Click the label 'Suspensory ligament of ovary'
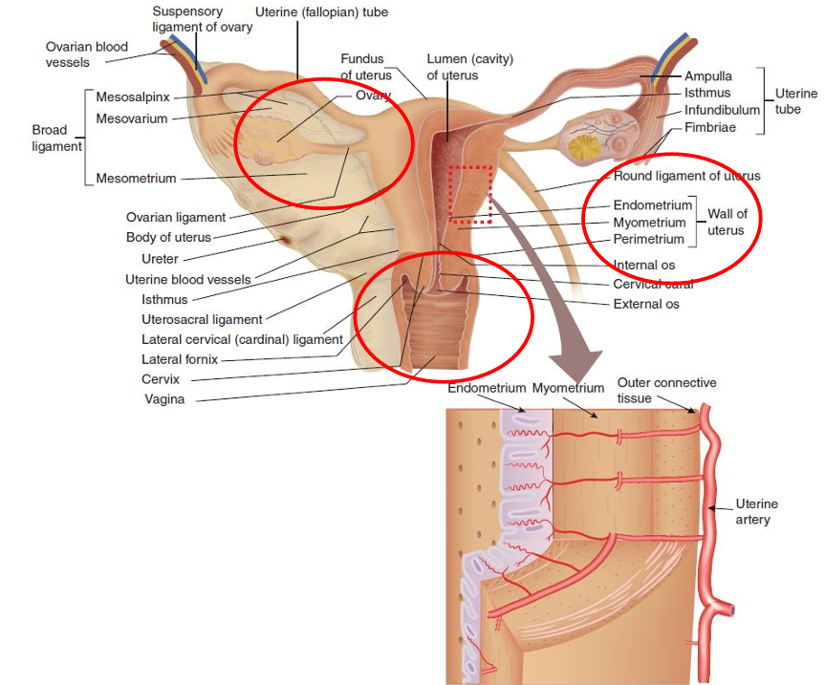pyautogui.click(x=202, y=19)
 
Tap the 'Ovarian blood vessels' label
pyautogui.click(x=87, y=54)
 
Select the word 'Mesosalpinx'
pyautogui.click(x=133, y=96)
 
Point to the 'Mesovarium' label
pyautogui.click(x=132, y=118)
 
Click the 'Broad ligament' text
pyautogui.click(x=50, y=138)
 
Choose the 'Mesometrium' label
pyautogui.click(x=137, y=178)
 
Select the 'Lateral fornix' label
pyautogui.click(x=180, y=359)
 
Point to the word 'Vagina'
pyautogui.click(x=164, y=399)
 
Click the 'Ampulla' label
pyautogui.click(x=707, y=76)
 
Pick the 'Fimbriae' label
pyautogui.click(x=710, y=126)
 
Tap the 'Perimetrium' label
pyautogui.click(x=649, y=239)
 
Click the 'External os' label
pyautogui.click(x=646, y=304)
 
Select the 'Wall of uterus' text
pyautogui.click(x=727, y=222)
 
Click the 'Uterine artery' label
pyautogui.click(x=756, y=511)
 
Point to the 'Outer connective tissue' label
pyautogui.click(x=666, y=389)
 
